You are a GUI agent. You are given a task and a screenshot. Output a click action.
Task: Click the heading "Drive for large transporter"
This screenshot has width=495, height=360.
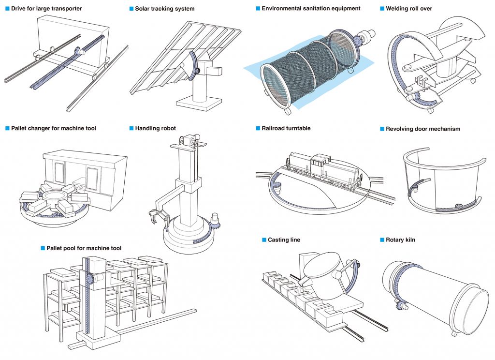pyautogui.click(x=46, y=9)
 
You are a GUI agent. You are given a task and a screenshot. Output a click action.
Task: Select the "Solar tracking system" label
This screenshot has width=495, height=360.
pyautogui.click(x=165, y=9)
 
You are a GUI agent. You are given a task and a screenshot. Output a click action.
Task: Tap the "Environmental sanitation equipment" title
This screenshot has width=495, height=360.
pyautogui.click(x=311, y=9)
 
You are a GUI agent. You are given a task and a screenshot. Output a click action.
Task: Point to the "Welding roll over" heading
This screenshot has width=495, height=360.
pyautogui.click(x=409, y=9)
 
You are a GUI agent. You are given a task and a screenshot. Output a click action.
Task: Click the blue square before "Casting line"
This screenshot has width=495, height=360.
pyautogui.click(x=264, y=240)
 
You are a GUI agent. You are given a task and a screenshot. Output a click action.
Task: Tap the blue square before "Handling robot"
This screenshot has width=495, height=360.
pyautogui.click(x=131, y=128)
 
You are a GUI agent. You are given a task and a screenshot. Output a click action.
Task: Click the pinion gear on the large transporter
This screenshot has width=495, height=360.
pyautogui.click(x=77, y=50)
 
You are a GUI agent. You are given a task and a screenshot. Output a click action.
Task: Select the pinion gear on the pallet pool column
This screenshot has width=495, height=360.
pyautogui.click(x=90, y=280)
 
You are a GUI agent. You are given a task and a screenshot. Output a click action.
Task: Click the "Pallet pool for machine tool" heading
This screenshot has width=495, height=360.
pyautogui.click(x=84, y=248)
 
